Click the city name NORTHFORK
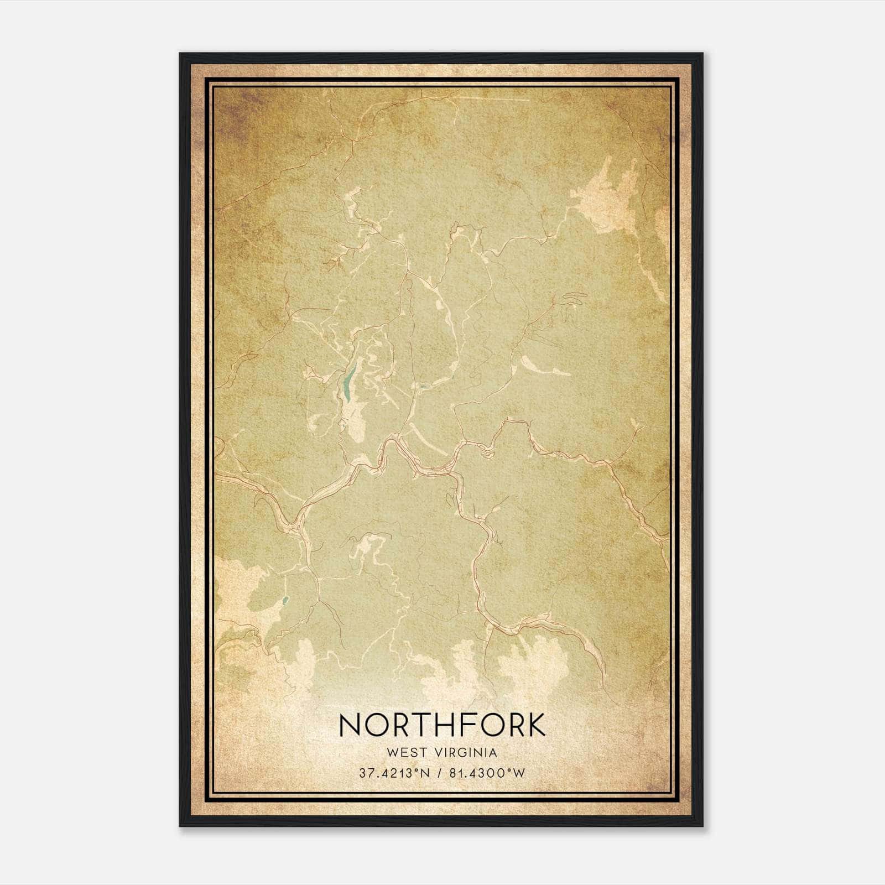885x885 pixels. pyautogui.click(x=442, y=725)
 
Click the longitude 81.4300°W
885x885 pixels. pyautogui.click(x=486, y=773)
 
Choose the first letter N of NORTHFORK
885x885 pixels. pyautogui.click(x=350, y=725)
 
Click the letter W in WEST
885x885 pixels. pyautogui.click(x=392, y=753)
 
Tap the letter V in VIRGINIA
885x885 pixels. pyautogui.click(x=438, y=753)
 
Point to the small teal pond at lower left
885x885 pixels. pyautogui.click(x=285, y=601)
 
